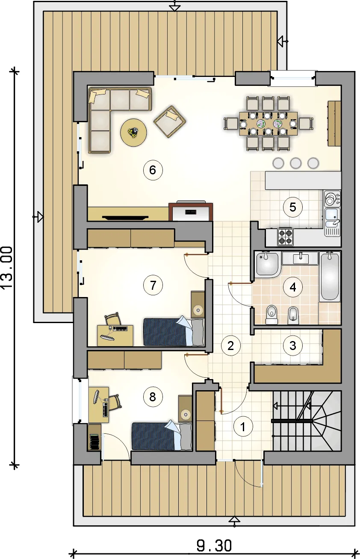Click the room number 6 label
153,170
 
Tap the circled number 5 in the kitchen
292,207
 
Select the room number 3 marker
292,345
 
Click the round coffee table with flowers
133,132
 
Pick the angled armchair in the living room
170,121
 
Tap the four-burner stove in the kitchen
285,237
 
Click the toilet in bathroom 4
271,315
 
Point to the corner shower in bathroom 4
267,265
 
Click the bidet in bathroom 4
293,315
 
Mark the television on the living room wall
125,218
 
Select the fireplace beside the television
191,212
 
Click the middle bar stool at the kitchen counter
296,163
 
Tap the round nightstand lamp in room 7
198,310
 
